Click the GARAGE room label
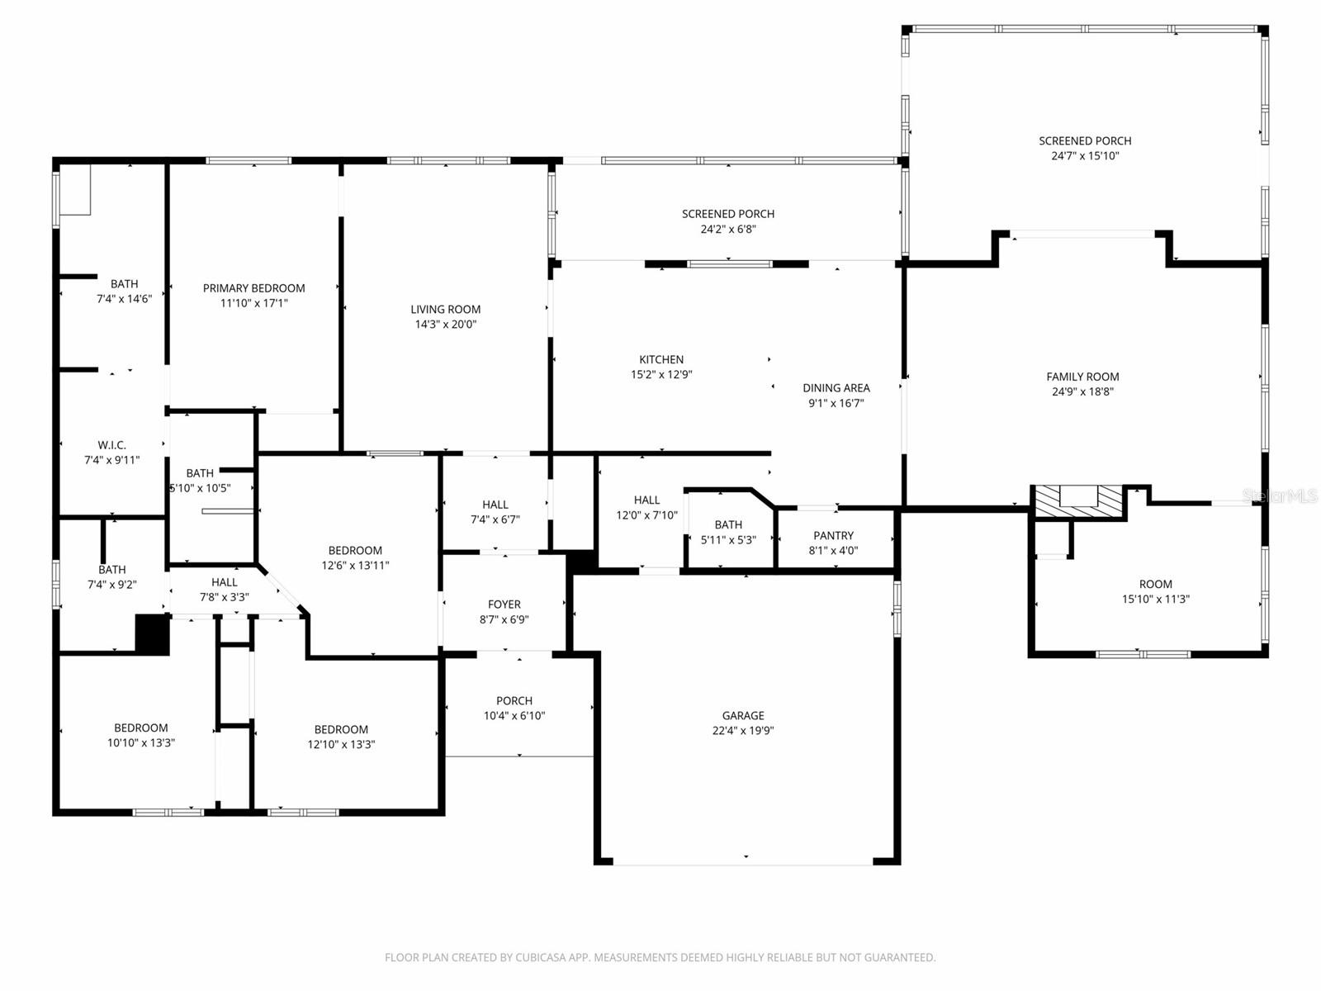[x=742, y=715]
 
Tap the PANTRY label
[x=833, y=535]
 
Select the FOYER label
[x=504, y=605]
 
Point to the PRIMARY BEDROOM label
[x=254, y=288]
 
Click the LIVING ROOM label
[x=445, y=309]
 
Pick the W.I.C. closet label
[x=112, y=445]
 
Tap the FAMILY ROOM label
[x=1082, y=377]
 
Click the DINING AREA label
[x=836, y=388]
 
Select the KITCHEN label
[x=661, y=359]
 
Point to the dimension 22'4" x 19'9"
[x=742, y=731]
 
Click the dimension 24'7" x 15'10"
[x=1085, y=156]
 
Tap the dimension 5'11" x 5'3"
[x=728, y=540]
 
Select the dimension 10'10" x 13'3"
[x=141, y=742]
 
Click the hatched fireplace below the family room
[x=1078, y=500]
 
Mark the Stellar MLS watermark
[x=1280, y=495]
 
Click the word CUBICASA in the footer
[x=541, y=957]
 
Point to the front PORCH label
[x=514, y=700]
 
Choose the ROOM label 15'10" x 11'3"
[x=1156, y=584]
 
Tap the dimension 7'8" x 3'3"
[x=225, y=597]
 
